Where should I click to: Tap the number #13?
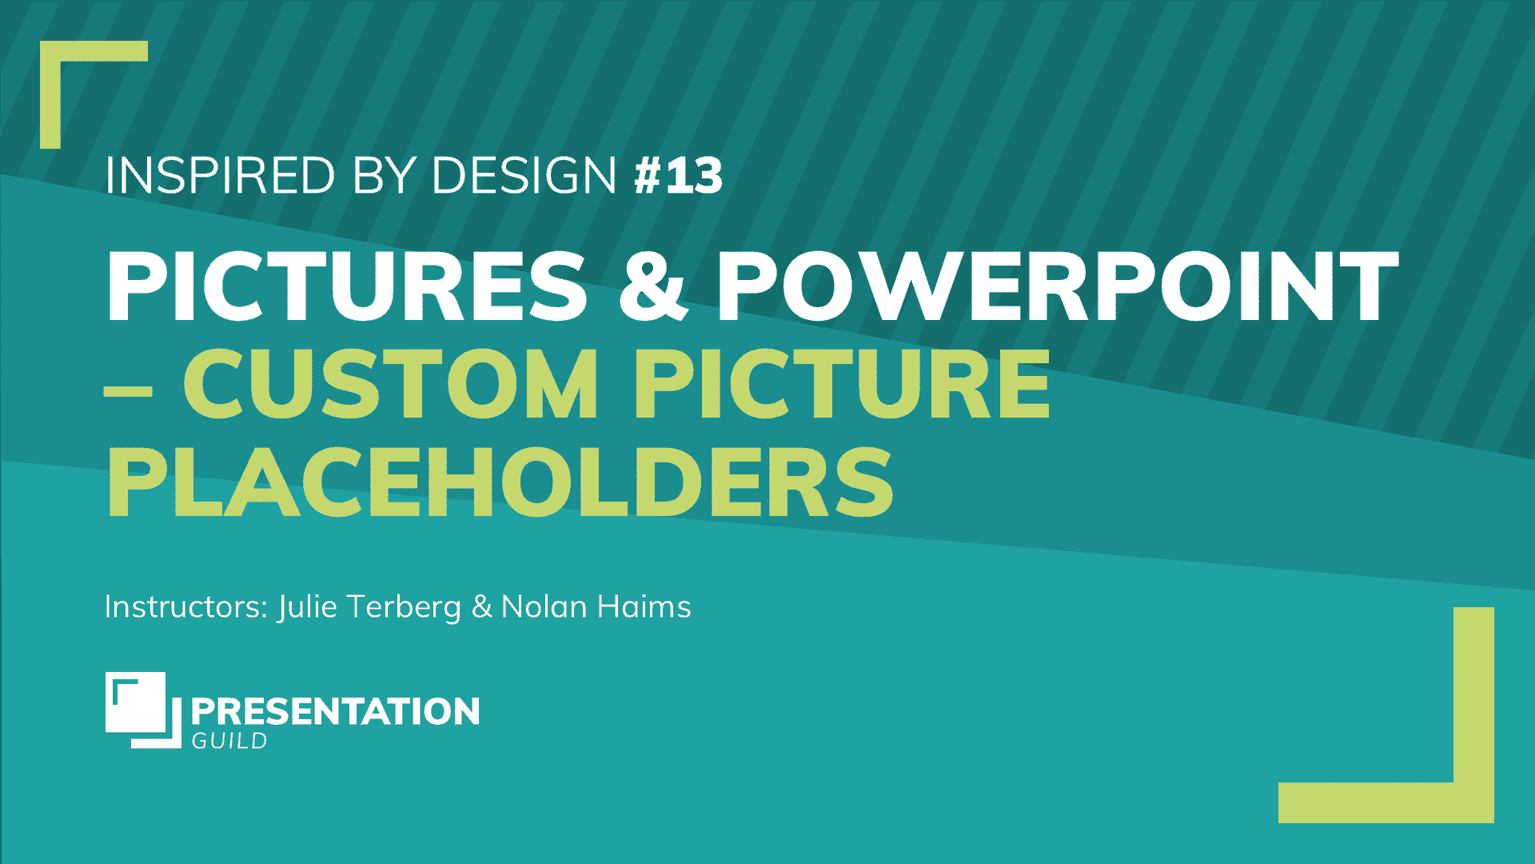pyautogui.click(x=678, y=175)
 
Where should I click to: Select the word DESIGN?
pyautogui.click(x=524, y=175)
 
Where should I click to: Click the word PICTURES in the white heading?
pyautogui.click(x=347, y=286)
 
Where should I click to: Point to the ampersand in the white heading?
pyautogui.click(x=652, y=286)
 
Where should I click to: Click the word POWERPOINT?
pyautogui.click(x=1057, y=286)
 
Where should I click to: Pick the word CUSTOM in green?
pyautogui.click(x=392, y=386)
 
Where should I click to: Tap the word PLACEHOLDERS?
pyautogui.click(x=500, y=484)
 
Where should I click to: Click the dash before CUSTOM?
pyautogui.click(x=128, y=392)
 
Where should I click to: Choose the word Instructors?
pyautogui.click(x=186, y=607)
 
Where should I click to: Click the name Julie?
pyautogui.click(x=308, y=607)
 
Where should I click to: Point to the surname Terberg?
pyautogui.click(x=405, y=607)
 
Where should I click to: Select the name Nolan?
pyautogui.click(x=544, y=607)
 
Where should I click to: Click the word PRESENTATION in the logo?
pyautogui.click(x=335, y=711)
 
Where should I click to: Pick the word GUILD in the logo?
pyautogui.click(x=229, y=742)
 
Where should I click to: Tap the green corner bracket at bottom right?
pyautogui.click(x=1471, y=800)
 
